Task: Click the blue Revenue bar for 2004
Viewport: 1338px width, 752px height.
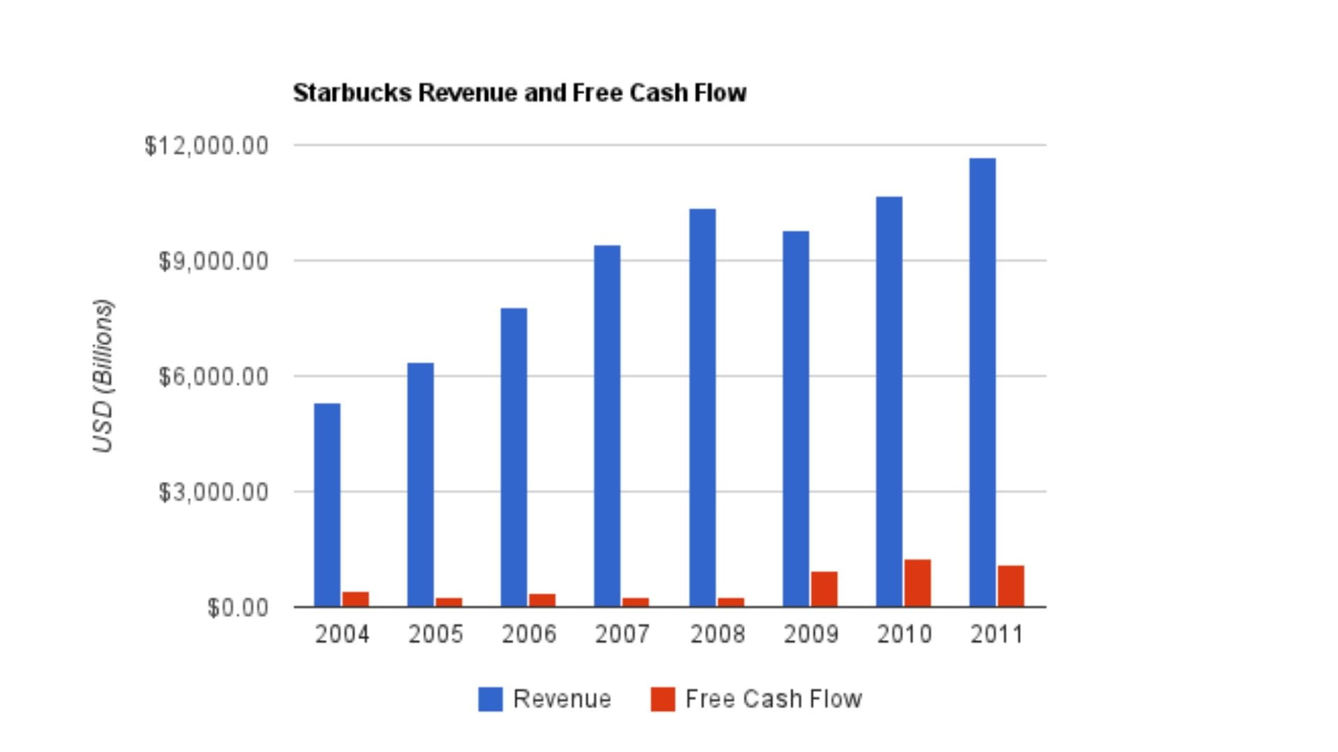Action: pos(327,505)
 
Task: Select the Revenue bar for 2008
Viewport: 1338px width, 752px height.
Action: pos(702,407)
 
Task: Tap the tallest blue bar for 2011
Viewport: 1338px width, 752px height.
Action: pos(983,382)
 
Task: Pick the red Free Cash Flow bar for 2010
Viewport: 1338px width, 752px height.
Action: pos(917,583)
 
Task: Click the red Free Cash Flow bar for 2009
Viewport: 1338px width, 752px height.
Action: pos(824,589)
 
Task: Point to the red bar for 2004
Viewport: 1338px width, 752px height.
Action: pos(355,599)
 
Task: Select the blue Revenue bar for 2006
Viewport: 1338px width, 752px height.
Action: pos(514,457)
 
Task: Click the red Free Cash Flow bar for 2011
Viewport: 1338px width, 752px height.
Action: pos(1010,586)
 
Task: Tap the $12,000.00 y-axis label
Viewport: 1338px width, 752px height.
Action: pos(206,146)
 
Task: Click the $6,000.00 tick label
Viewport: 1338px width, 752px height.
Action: pos(213,377)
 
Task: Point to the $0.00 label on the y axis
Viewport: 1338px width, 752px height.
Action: pos(238,608)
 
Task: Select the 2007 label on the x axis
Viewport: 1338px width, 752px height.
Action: pos(622,634)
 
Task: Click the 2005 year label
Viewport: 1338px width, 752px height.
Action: pos(435,634)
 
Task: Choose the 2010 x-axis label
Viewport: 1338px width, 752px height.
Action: pos(904,634)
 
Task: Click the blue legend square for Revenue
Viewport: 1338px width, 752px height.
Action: pos(490,699)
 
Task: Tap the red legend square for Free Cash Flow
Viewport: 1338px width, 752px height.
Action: pos(663,699)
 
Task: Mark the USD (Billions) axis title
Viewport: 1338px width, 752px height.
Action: pos(103,376)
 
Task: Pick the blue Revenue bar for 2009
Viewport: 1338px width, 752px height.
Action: pos(796,418)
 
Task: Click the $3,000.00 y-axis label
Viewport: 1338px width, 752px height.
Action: pos(213,492)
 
